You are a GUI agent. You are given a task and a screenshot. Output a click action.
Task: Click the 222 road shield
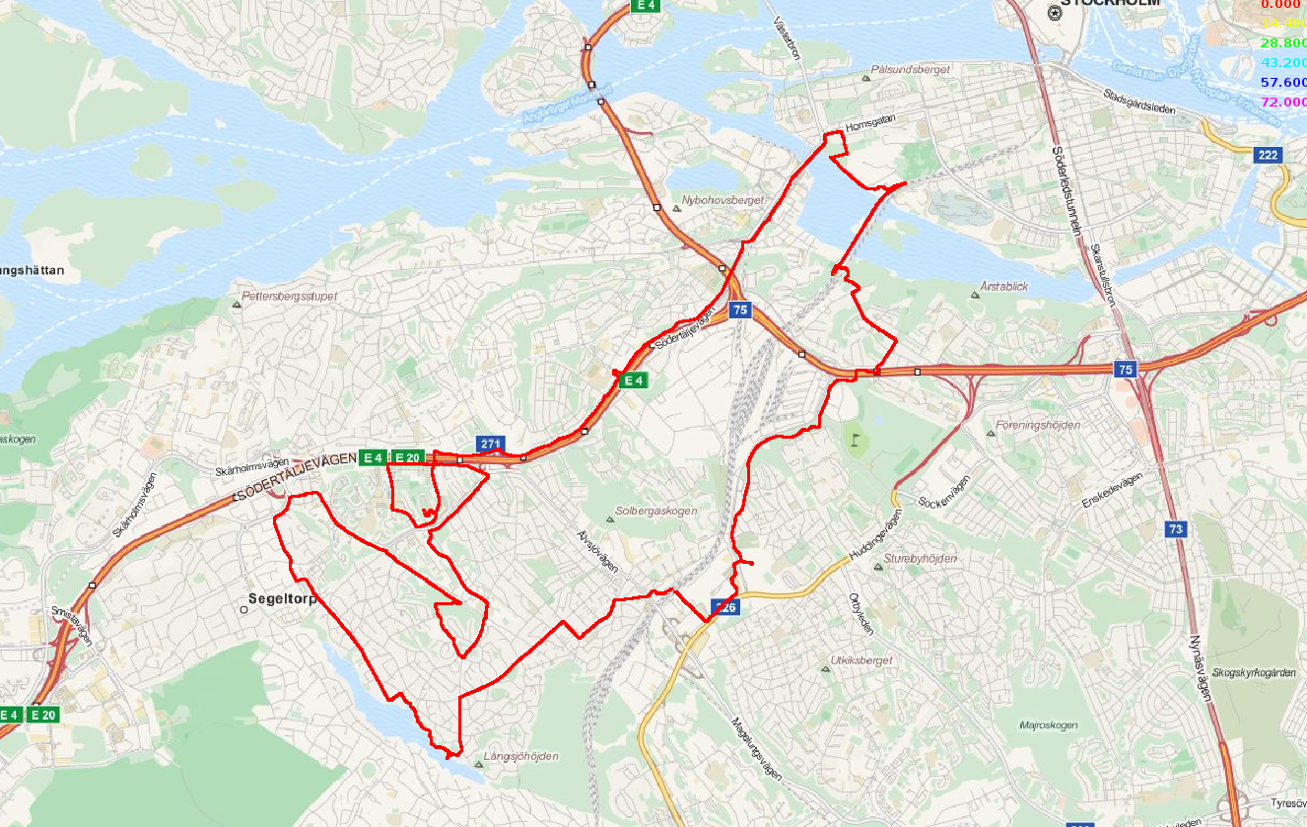[x=1268, y=155]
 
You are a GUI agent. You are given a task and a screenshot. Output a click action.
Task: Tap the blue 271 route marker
[x=492, y=444]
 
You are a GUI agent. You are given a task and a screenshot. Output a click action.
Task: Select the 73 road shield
[x=1176, y=529]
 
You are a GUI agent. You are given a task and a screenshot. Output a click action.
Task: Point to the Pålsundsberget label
[x=911, y=70]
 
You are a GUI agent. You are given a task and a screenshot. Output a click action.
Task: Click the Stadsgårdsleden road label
[x=1140, y=103]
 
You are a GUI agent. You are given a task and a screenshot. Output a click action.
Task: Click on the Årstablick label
[x=1004, y=286]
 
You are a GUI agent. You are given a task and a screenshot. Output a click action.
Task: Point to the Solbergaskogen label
[x=655, y=512]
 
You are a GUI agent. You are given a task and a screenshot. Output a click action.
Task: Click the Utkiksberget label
[x=860, y=660]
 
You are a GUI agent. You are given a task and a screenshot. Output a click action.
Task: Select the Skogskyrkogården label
[x=1255, y=672]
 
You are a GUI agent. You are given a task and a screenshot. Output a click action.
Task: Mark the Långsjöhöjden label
[x=521, y=756]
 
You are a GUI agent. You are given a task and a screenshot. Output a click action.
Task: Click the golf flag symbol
[x=856, y=433]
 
